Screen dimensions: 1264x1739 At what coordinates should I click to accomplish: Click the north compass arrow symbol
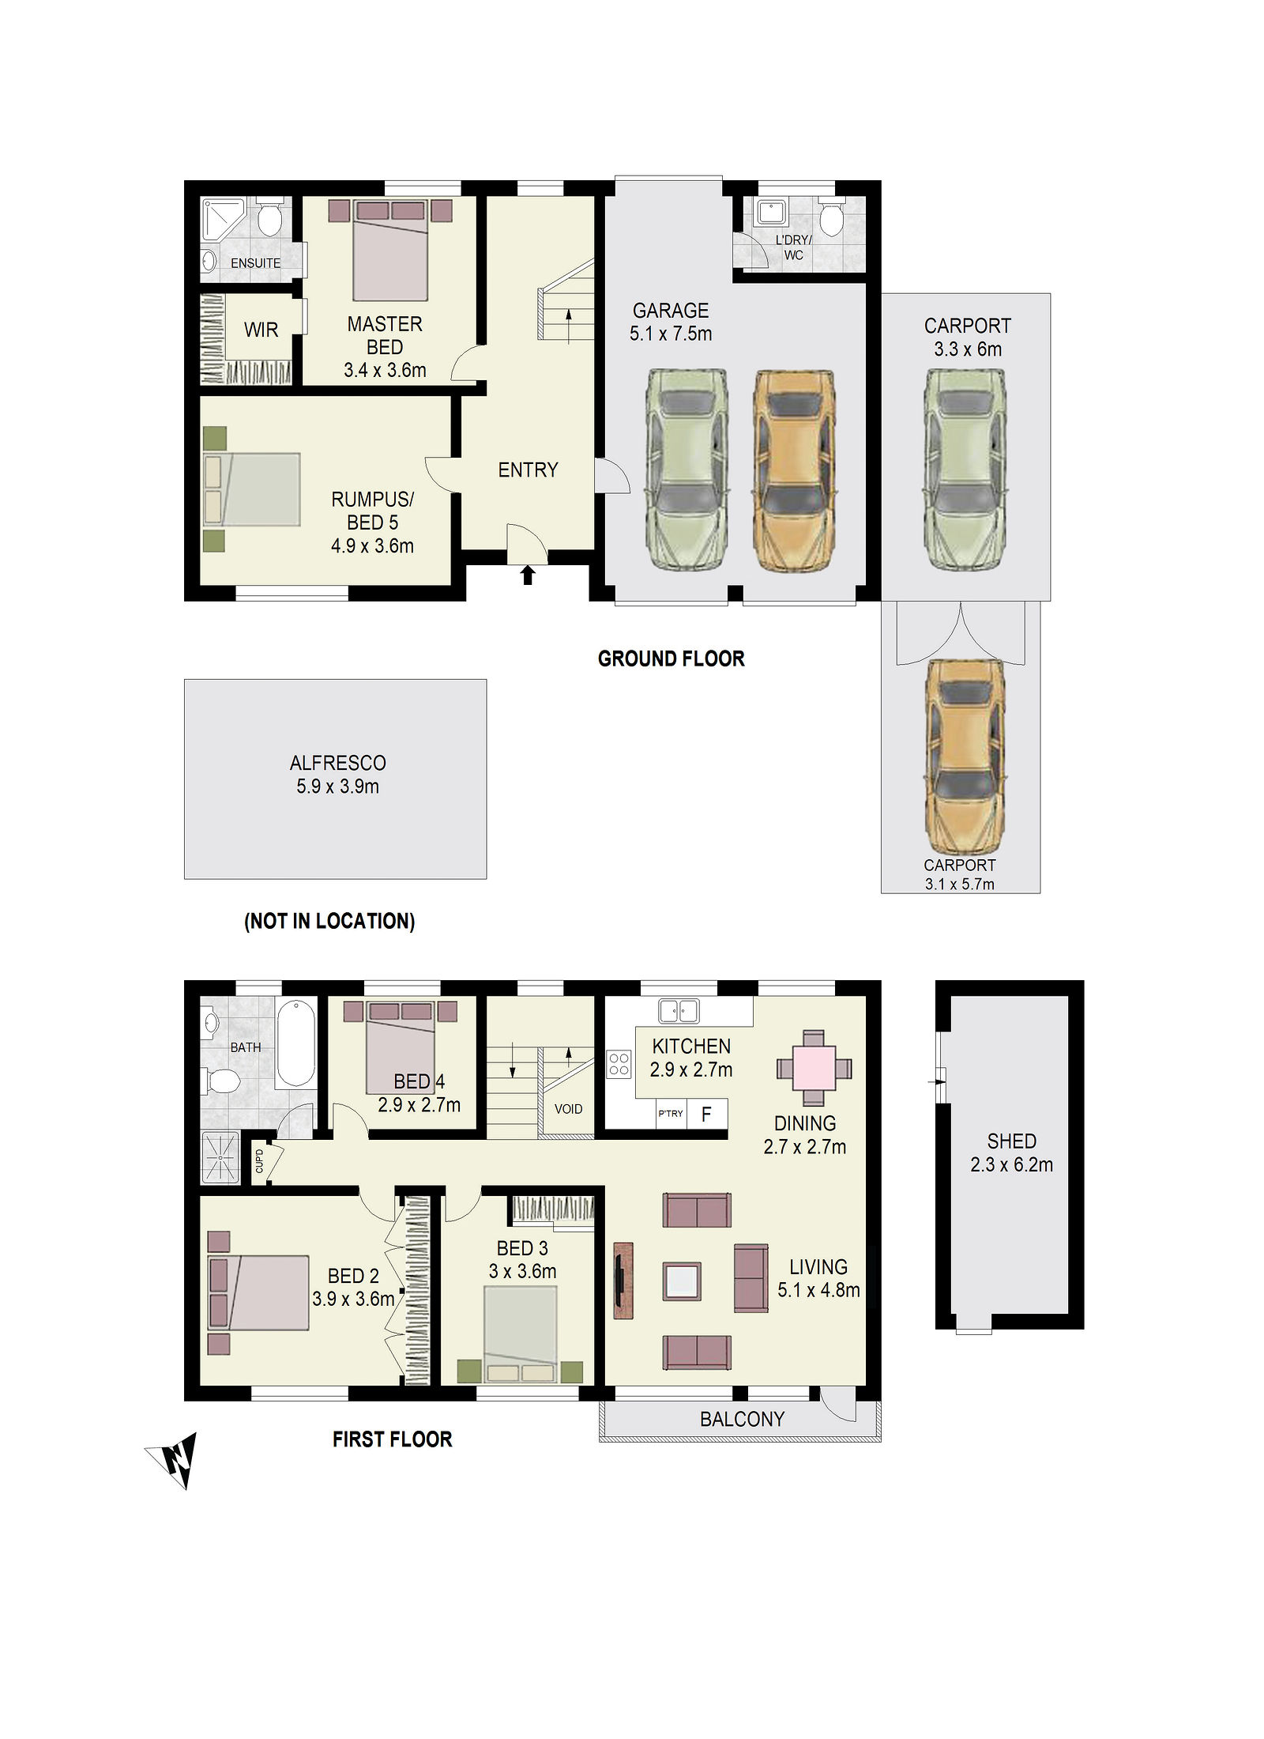tap(175, 1458)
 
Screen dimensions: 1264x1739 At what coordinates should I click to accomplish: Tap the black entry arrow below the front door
tap(528, 575)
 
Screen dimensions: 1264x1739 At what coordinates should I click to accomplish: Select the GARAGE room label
tap(671, 311)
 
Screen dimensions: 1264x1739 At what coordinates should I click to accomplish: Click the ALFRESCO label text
tap(338, 763)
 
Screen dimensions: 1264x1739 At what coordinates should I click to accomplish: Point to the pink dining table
tap(814, 1068)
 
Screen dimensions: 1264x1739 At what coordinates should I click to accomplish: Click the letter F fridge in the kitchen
tap(706, 1114)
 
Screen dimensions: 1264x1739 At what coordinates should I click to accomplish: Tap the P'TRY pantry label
tap(671, 1114)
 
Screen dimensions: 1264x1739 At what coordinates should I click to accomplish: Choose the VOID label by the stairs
tap(568, 1109)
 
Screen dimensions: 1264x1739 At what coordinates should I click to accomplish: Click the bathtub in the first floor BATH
tap(296, 1043)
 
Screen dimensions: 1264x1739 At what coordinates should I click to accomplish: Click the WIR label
tap(261, 330)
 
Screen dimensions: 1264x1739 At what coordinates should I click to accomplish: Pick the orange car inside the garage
tap(792, 470)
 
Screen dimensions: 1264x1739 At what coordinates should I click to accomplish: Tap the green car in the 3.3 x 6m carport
tap(965, 470)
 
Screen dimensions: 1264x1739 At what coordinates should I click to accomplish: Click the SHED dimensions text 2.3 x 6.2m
tap(1012, 1164)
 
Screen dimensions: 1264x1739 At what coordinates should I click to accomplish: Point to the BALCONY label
tap(743, 1419)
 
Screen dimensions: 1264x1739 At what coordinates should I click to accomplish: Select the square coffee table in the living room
tap(682, 1281)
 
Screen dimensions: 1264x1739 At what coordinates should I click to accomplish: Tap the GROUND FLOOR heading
tap(671, 658)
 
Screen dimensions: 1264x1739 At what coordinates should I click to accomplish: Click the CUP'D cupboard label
tap(259, 1160)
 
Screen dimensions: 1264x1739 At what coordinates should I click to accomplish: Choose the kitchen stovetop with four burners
tap(619, 1064)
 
